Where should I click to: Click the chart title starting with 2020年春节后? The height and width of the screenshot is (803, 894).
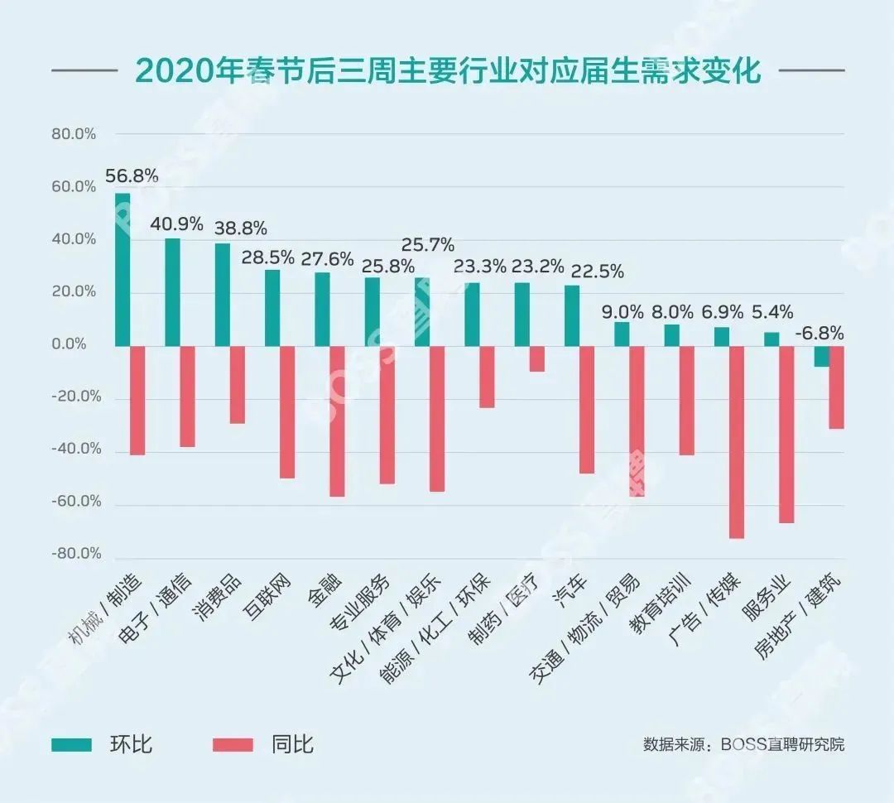[x=447, y=71]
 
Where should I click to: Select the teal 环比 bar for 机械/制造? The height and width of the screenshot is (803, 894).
[x=123, y=269]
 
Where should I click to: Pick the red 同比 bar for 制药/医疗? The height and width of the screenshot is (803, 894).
[x=537, y=358]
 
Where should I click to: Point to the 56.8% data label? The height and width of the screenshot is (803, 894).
[x=132, y=176]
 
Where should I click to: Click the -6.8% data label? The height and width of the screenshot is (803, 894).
[x=819, y=334]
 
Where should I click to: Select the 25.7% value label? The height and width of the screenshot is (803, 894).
[x=428, y=245]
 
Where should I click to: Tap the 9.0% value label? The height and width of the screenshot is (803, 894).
[x=622, y=312]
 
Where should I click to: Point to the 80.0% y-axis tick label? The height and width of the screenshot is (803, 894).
[x=74, y=134]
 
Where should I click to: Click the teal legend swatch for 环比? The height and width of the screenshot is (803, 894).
[x=73, y=744]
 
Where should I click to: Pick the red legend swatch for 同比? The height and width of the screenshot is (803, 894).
[x=235, y=744]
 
